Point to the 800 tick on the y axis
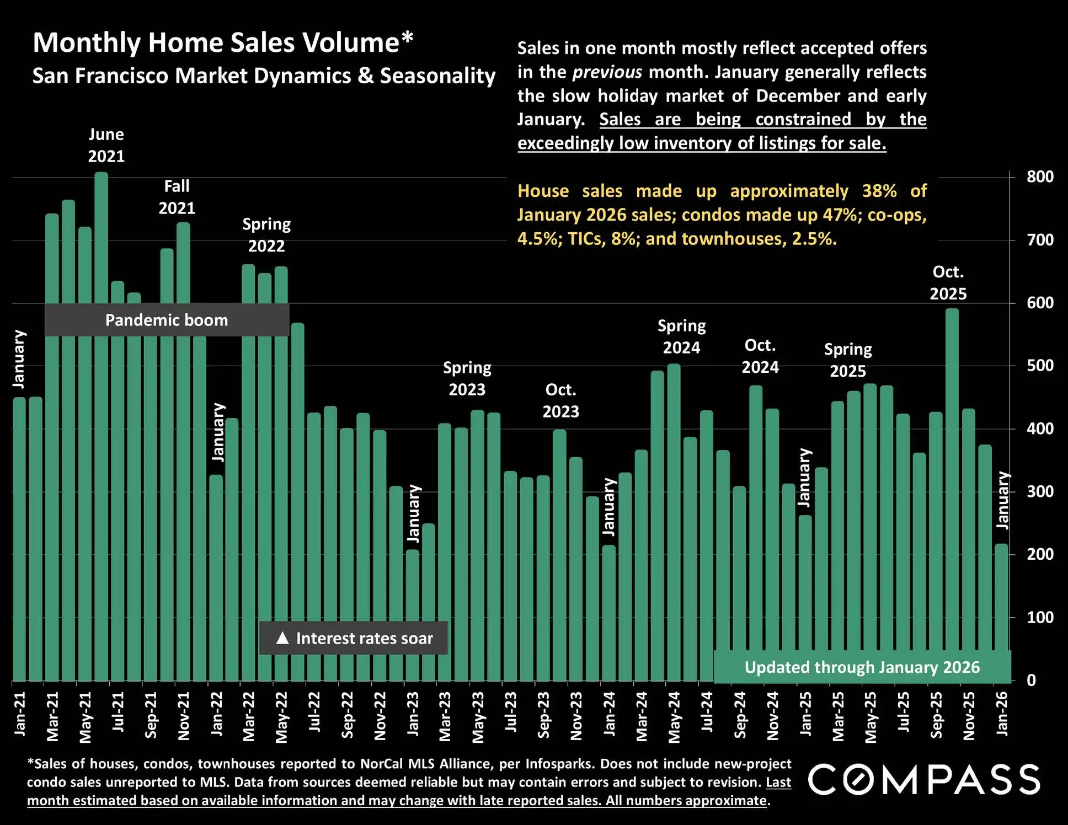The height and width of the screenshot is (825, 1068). [x=1040, y=177]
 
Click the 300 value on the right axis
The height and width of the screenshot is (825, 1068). [x=1040, y=491]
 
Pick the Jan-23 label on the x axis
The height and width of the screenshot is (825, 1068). [x=413, y=714]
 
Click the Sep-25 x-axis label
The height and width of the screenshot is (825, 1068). [x=936, y=715]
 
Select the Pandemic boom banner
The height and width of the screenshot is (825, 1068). [x=167, y=320]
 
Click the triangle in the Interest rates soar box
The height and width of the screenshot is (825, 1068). [x=282, y=638]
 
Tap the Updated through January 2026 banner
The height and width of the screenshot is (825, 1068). [x=862, y=667]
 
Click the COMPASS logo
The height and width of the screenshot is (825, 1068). [x=924, y=780]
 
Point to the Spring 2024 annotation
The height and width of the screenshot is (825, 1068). [x=681, y=337]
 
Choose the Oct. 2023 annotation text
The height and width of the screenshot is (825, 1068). [x=560, y=401]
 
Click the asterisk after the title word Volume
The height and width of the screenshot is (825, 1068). [x=407, y=39]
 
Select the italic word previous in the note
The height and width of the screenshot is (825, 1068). [x=607, y=72]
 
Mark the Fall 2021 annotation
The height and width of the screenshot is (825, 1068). [x=177, y=197]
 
